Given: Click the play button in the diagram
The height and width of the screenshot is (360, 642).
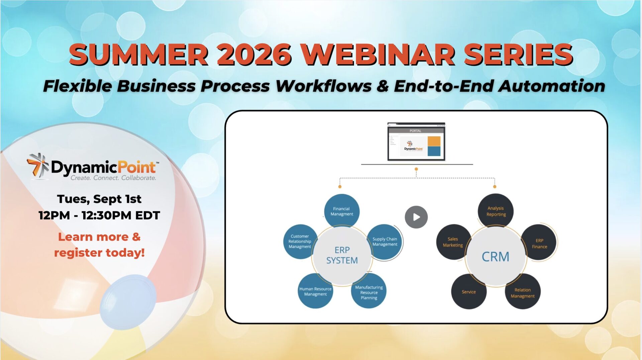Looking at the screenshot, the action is pyautogui.click(x=416, y=217).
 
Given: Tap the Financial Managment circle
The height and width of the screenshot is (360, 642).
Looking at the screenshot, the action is pyautogui.click(x=342, y=211).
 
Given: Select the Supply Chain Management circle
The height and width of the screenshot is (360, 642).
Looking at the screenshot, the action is pyautogui.click(x=385, y=242).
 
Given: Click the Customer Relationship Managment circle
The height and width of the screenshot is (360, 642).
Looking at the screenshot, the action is pyautogui.click(x=300, y=241).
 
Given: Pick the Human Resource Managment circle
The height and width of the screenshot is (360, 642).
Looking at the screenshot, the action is pyautogui.click(x=315, y=291).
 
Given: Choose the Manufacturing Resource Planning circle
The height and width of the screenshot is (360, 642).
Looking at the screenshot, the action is pyautogui.click(x=369, y=291).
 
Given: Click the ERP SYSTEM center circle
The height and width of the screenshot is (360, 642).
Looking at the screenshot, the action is pyautogui.click(x=342, y=256).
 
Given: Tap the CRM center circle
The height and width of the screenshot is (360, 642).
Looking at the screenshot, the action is pyautogui.click(x=496, y=256).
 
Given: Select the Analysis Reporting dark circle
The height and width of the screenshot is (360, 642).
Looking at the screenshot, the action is pyautogui.click(x=496, y=211).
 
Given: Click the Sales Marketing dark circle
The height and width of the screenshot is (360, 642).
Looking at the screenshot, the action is pyautogui.click(x=453, y=242).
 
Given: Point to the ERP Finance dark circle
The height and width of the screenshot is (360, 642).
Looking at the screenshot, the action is pyautogui.click(x=539, y=243).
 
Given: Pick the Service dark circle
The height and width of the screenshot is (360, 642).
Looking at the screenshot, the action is pyautogui.click(x=469, y=291).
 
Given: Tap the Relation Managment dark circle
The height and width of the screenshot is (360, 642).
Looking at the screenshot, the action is pyautogui.click(x=523, y=291).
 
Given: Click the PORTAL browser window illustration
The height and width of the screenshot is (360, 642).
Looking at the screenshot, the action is pyautogui.click(x=416, y=142).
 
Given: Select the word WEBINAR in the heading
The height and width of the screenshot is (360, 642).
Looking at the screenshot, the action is pyautogui.click(x=378, y=55).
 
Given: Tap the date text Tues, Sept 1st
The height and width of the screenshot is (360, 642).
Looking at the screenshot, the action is pyautogui.click(x=99, y=199).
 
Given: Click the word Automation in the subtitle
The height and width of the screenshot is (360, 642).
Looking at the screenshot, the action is pyautogui.click(x=552, y=86).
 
